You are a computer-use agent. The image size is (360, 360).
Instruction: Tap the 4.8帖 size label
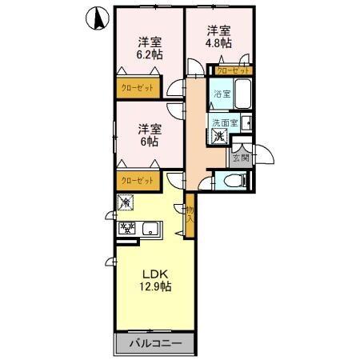pos(218,42)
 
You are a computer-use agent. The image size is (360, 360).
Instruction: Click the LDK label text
pos(154,274)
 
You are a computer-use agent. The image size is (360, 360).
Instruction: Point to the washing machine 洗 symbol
pos(219,136)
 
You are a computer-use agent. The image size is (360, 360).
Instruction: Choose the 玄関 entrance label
pos(240,158)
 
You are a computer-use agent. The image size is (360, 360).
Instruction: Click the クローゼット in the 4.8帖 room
pos(232,70)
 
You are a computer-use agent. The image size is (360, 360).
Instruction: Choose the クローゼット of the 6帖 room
pos(138,181)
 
